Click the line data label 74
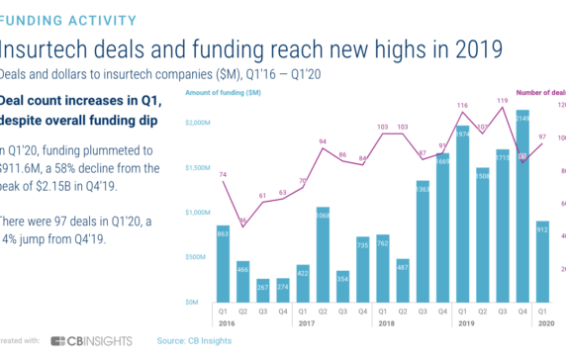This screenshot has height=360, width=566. tap(224, 174)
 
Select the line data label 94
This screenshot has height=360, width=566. tap(323, 141)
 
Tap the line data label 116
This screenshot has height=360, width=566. tap(462, 105)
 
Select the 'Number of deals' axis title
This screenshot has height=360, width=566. tap(539, 92)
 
